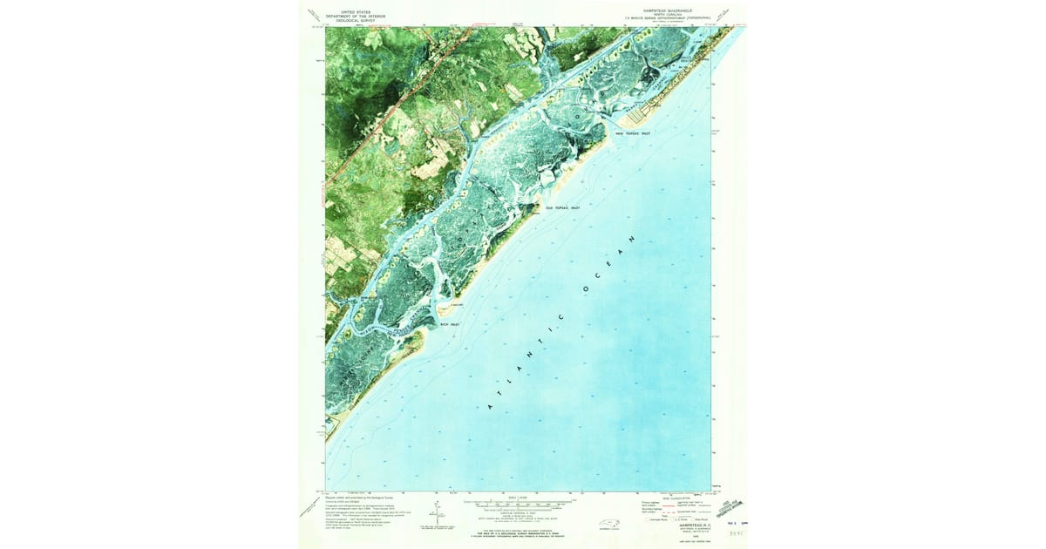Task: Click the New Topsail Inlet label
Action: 633,133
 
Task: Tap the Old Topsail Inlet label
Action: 562,208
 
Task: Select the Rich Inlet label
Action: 449,324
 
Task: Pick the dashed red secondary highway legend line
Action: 669,509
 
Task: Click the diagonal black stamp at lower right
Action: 732,506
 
